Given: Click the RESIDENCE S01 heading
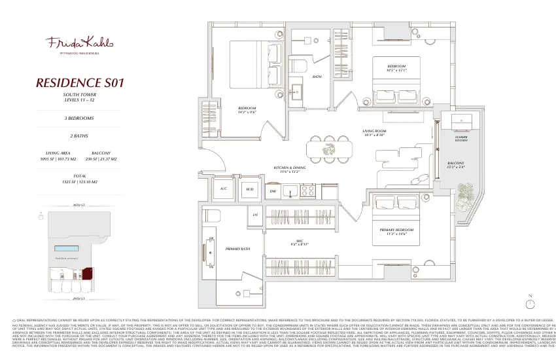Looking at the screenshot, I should click(x=80, y=83).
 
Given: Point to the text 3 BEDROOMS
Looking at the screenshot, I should click(x=79, y=118).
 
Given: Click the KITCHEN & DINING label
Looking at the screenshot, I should click(x=290, y=168).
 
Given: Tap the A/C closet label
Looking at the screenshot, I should click(x=223, y=189).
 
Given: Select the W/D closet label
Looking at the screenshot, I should click(x=250, y=189).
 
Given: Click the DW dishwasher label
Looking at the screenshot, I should click(x=273, y=190).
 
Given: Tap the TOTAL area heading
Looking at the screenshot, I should click(x=79, y=175).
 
